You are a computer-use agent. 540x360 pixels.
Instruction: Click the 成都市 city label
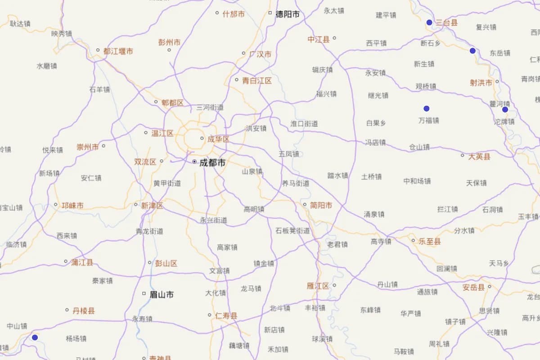[212, 163]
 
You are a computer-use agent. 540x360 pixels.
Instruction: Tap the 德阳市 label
[288, 14]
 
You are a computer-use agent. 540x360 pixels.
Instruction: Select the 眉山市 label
[162, 295]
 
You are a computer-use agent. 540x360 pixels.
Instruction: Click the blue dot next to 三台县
[429, 22]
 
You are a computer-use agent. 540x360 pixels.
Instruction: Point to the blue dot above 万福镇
[427, 108]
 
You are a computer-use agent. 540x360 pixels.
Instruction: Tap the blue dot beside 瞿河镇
[505, 109]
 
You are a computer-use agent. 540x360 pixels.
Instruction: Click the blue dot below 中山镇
[35, 337]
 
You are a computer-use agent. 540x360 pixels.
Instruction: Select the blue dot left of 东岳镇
[472, 51]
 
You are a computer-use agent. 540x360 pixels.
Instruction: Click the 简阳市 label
[321, 205]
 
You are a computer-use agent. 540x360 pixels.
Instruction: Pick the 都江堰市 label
[118, 51]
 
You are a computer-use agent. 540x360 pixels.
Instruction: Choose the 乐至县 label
[430, 242]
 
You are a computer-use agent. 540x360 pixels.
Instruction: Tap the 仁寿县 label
[226, 316]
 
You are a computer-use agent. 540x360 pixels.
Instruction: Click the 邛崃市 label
[72, 206]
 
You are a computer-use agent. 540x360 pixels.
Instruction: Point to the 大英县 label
[479, 157]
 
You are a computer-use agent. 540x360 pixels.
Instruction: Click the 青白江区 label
[257, 81]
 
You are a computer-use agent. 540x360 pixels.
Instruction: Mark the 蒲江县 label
[82, 262]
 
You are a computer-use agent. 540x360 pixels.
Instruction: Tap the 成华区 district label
[218, 139]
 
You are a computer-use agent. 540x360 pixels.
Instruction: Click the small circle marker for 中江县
[334, 38]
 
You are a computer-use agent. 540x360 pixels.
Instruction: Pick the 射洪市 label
[481, 83]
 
